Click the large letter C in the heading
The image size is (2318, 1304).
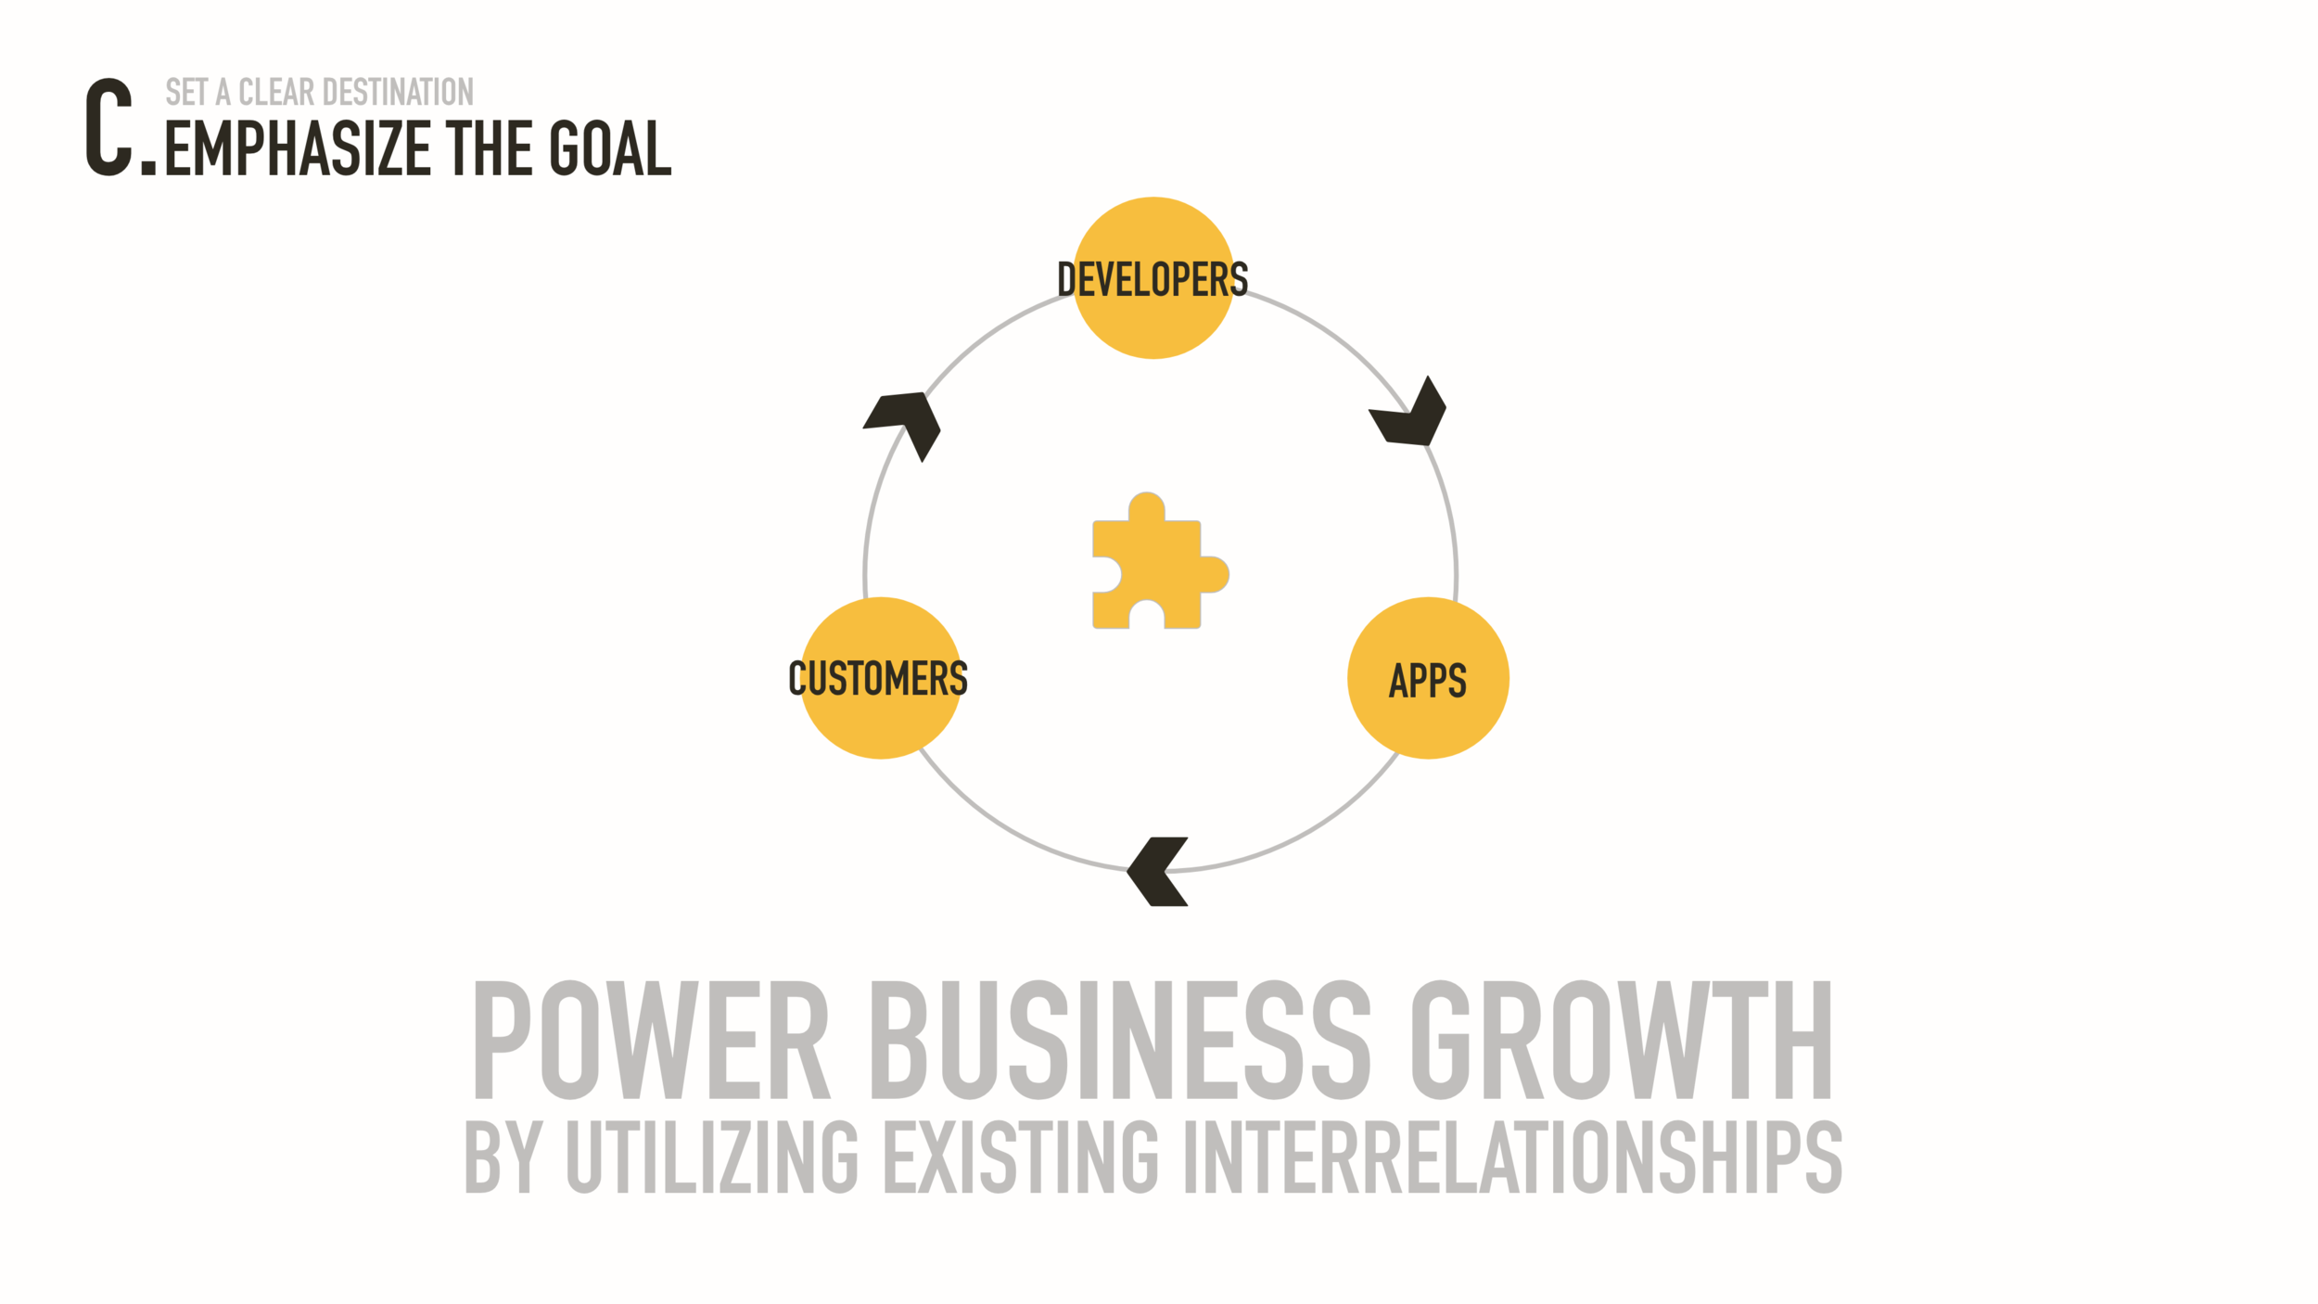pyautogui.click(x=109, y=127)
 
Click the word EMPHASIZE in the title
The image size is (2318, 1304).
pyautogui.click(x=298, y=148)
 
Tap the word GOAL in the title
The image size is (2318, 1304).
pyautogui.click(x=610, y=148)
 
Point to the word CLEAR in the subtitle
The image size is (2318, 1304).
pyautogui.click(x=276, y=93)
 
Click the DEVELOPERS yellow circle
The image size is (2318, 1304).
pyautogui.click(x=1153, y=278)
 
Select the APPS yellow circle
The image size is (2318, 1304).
pyautogui.click(x=1428, y=679)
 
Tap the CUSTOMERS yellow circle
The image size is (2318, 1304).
pyautogui.click(x=880, y=679)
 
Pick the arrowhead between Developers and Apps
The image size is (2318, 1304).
pyautogui.click(x=1409, y=415)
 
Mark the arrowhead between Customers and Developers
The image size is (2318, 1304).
pyautogui.click(x=904, y=422)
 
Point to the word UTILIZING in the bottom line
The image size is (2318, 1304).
pyautogui.click(x=711, y=1157)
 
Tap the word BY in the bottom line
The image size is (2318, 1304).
pyautogui.click(x=502, y=1157)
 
